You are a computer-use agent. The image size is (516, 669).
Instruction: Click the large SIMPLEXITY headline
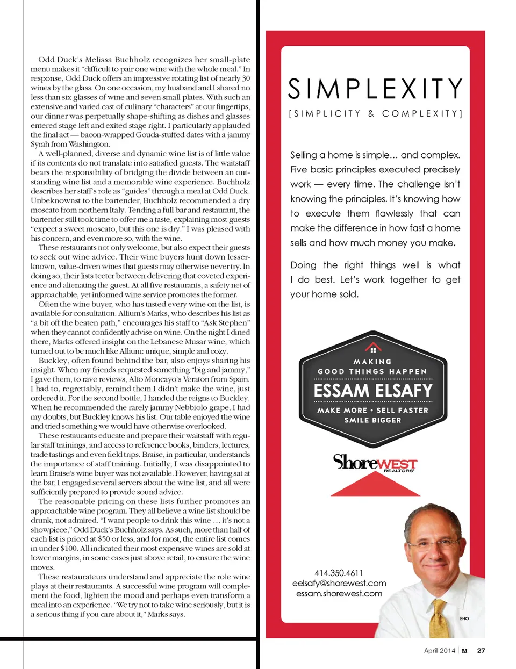(x=375, y=89)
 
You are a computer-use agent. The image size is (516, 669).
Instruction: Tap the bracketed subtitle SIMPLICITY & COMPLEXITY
(x=375, y=114)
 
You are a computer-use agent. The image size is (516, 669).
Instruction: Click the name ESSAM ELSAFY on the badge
(x=373, y=391)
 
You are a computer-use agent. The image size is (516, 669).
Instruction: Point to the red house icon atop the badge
(x=373, y=348)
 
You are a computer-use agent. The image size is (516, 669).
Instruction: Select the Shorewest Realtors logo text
(x=375, y=463)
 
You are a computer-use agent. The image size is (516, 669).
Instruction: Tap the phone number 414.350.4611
(x=339, y=573)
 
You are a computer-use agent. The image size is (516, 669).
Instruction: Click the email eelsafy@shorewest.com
(x=339, y=583)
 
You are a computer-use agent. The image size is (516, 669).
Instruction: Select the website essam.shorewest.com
(x=339, y=593)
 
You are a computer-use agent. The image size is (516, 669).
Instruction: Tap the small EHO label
(x=464, y=618)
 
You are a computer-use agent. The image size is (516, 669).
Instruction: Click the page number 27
(x=481, y=650)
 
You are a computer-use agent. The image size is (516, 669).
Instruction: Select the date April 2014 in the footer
(x=439, y=650)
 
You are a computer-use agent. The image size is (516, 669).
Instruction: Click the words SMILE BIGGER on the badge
(x=372, y=420)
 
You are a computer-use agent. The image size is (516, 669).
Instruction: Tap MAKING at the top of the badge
(x=372, y=362)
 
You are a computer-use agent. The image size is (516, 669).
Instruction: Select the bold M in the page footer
(x=464, y=650)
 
